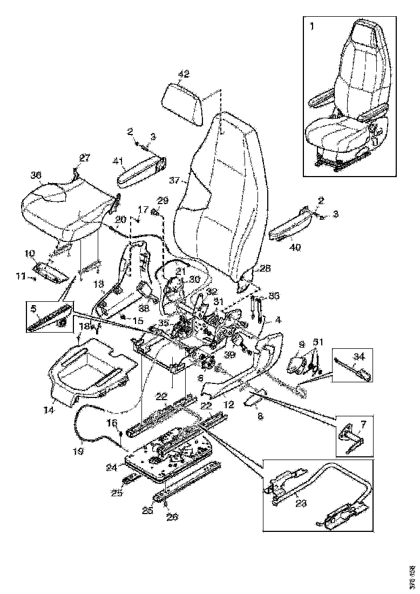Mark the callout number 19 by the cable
pyautogui.click(x=78, y=449)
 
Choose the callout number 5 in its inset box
pyautogui.click(x=33, y=310)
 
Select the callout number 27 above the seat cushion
pyautogui.click(x=85, y=158)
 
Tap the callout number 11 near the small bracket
pyautogui.click(x=20, y=277)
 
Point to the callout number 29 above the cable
pyautogui.click(x=163, y=200)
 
